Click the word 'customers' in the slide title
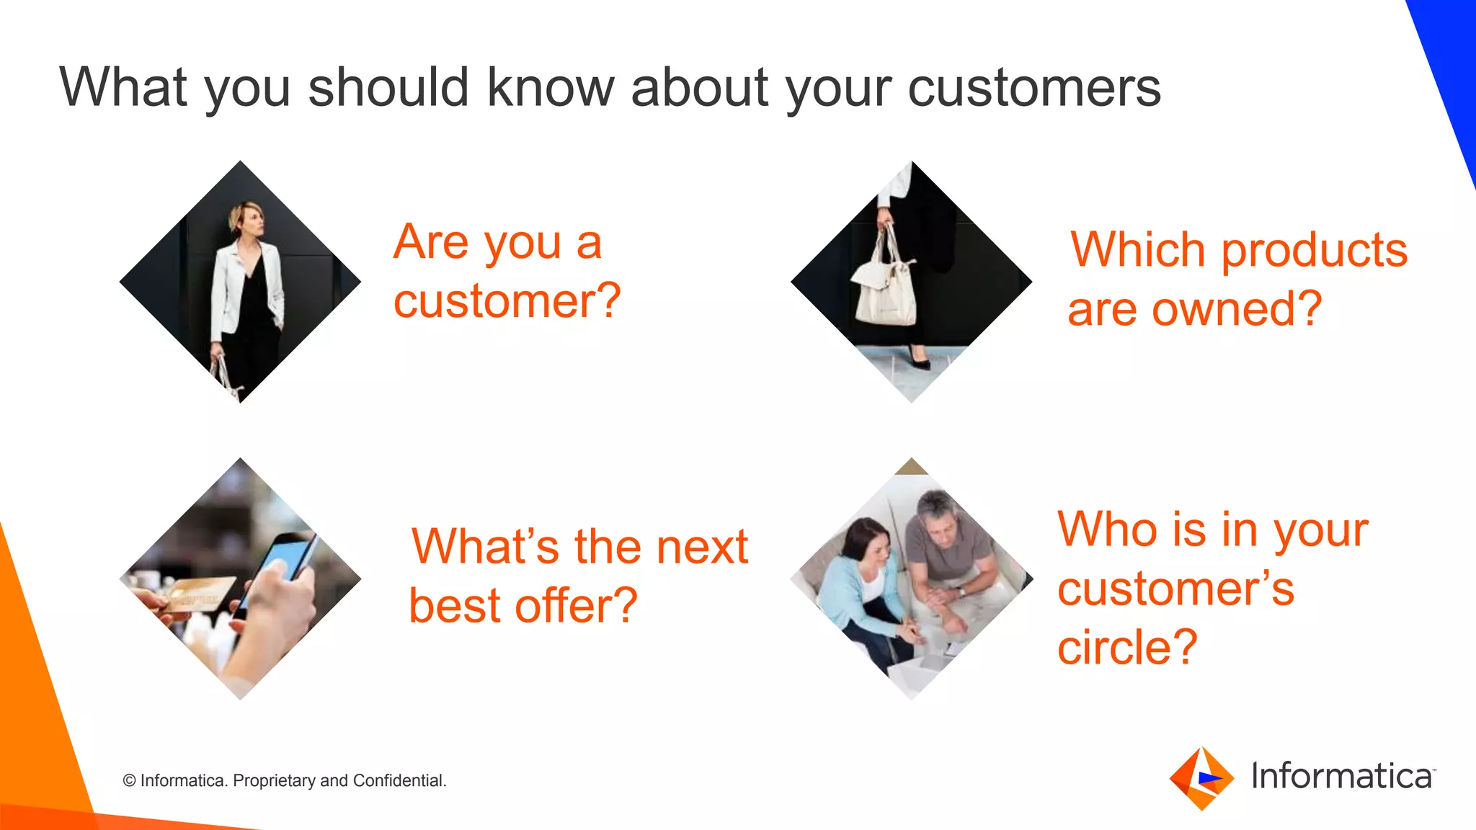pos(1034,88)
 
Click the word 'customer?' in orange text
pos(507,301)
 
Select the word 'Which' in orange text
pos(1138,250)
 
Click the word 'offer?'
pos(577,606)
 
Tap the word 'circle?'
pos(1126,647)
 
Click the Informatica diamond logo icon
pos(1201,779)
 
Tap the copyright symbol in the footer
pos(129,781)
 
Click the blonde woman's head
pos(246,218)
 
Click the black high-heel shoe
pos(918,359)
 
